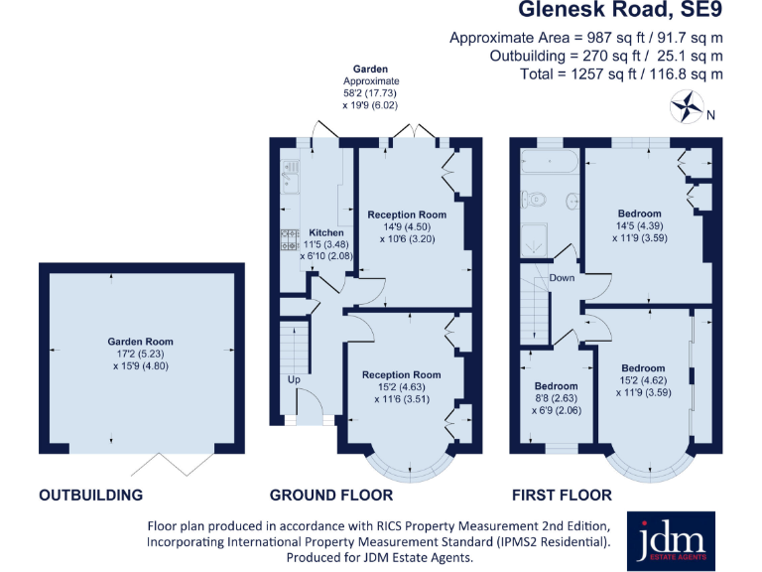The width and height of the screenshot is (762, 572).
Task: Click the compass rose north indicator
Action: pos(686,104)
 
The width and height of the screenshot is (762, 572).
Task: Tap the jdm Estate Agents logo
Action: pos(671,540)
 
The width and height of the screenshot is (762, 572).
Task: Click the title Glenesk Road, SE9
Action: pos(620,12)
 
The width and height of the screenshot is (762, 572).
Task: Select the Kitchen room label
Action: pos(326,232)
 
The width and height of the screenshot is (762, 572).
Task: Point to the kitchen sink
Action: pos(291,176)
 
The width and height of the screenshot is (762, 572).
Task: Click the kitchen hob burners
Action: pos(290,239)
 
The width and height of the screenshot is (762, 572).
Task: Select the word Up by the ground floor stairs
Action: pos(294,380)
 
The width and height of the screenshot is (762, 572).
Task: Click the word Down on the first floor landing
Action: pos(562,278)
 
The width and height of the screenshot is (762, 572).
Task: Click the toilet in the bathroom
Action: pos(536,199)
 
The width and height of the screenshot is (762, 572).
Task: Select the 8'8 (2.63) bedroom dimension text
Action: pos(556,397)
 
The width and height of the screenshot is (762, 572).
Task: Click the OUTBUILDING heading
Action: pos(90,495)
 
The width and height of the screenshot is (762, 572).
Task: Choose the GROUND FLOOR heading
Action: pos(331,495)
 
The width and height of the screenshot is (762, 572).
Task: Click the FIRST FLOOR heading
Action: pos(561,495)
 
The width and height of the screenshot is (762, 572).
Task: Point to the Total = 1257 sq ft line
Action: pos(621,73)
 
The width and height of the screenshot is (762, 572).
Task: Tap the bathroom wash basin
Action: pos(573,202)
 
